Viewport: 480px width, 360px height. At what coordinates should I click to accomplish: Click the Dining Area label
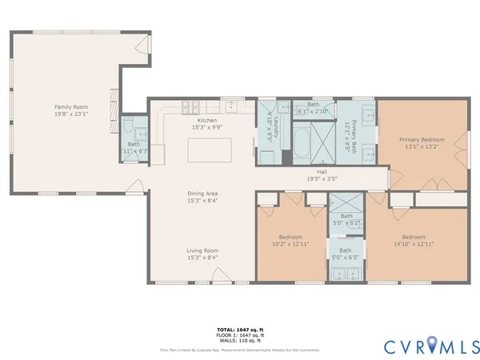tap(202, 194)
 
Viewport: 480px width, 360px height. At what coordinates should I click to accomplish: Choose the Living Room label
tap(202, 250)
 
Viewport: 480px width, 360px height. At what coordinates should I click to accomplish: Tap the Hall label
tap(322, 171)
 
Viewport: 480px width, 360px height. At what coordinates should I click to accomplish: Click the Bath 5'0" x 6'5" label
tap(346, 254)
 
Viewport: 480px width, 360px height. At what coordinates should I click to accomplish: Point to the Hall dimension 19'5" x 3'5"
tap(322, 178)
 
